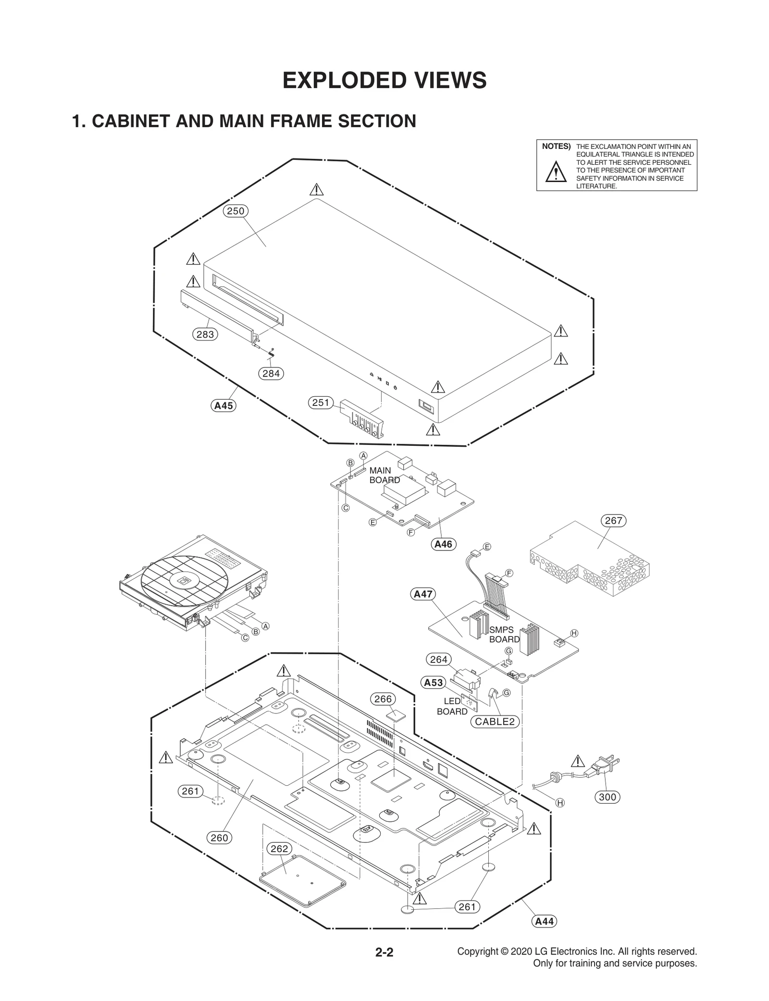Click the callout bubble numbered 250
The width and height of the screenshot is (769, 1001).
[236, 211]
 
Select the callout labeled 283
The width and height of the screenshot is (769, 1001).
[205, 334]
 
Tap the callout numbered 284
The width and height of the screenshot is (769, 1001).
[271, 373]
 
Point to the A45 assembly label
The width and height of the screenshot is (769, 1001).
[223, 405]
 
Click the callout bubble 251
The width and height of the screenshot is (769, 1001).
[321, 403]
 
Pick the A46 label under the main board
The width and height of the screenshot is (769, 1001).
[443, 544]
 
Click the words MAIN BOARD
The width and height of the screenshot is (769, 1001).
[384, 475]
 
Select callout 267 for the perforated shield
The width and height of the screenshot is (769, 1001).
[613, 521]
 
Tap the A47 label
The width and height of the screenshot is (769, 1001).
[423, 594]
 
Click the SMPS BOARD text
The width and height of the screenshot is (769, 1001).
[504, 635]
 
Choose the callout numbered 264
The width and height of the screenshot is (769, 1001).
[439, 659]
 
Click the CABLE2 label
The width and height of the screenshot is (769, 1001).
[495, 721]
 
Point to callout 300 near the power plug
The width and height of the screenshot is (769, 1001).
[608, 797]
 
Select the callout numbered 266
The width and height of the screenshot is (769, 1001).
[383, 699]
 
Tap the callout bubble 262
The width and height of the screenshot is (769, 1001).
[279, 848]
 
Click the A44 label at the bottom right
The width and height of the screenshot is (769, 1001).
[545, 921]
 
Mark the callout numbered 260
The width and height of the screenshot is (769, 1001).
[219, 838]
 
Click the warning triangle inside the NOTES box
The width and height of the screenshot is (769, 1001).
[556, 172]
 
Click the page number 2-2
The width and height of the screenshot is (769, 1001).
[384, 952]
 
